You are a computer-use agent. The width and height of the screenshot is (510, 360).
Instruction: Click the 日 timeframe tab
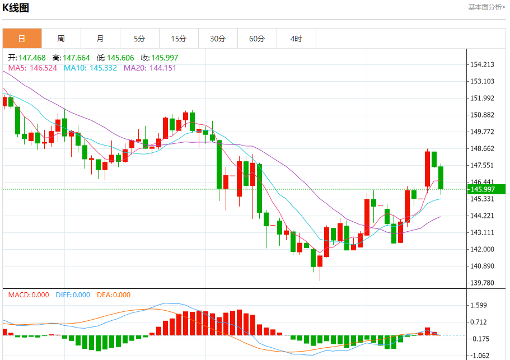pyautogui.click(x=22, y=39)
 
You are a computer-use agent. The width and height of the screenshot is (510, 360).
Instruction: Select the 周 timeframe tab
pyautogui.click(x=61, y=39)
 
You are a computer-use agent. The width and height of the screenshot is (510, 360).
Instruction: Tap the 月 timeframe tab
pyautogui.click(x=100, y=39)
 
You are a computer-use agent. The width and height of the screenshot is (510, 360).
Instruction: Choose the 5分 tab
pyautogui.click(x=139, y=39)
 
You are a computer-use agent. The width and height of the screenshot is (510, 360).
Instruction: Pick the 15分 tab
pyautogui.click(x=179, y=39)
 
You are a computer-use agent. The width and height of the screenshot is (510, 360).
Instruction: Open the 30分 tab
pyautogui.click(x=218, y=39)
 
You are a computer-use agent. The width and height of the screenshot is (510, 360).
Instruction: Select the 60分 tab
pyautogui.click(x=257, y=39)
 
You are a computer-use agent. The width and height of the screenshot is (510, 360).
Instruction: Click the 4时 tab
pyautogui.click(x=296, y=39)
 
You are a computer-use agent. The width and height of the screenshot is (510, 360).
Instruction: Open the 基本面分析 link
pyautogui.click(x=486, y=7)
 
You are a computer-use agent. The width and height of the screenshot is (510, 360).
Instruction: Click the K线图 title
pyautogui.click(x=16, y=8)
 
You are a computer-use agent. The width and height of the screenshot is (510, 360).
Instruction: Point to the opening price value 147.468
pyautogui.click(x=32, y=58)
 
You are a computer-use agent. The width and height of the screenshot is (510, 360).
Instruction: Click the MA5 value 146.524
pyautogui.click(x=43, y=68)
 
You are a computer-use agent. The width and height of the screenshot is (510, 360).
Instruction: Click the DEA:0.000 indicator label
pyautogui.click(x=114, y=295)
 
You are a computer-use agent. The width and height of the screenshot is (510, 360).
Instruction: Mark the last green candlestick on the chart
pyautogui.click(x=441, y=177)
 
